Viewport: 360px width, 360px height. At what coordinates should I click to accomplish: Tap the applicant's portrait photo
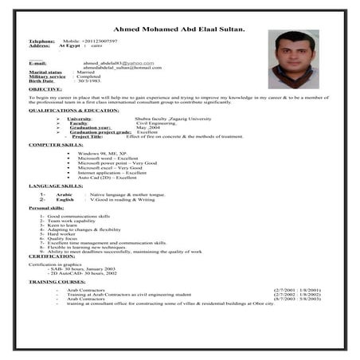click(293, 59)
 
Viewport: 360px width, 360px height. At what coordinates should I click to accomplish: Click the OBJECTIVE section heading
click(45, 89)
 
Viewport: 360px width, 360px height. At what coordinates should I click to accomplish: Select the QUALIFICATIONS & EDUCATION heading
click(74, 110)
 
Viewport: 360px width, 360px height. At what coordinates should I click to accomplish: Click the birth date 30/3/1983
click(91, 81)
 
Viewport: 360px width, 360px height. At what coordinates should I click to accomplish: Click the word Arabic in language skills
click(65, 194)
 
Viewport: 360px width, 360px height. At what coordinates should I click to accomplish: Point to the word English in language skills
click(65, 199)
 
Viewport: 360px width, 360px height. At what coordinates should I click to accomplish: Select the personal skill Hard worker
click(63, 233)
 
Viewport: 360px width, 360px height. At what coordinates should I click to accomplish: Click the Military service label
click(46, 76)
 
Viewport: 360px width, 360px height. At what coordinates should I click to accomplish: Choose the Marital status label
click(45, 72)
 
